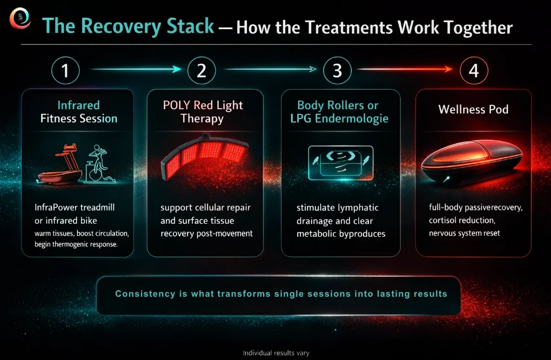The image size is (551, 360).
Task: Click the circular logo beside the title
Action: tap(20, 18)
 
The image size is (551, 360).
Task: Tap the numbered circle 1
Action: tap(65, 70)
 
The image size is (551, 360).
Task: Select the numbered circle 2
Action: tap(201, 70)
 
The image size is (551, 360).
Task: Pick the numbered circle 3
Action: tap(337, 70)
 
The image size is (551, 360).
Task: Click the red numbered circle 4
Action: tap(474, 70)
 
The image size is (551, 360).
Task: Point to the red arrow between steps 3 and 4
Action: tap(405, 69)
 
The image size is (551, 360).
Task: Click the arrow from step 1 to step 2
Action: tap(136, 69)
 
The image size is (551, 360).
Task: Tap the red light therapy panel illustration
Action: tap(205, 155)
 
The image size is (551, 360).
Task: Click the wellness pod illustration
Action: tap(472, 162)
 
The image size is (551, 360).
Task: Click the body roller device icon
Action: tap(340, 163)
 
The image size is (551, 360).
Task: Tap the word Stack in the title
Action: tap(190, 26)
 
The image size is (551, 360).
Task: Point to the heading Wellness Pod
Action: tap(473, 109)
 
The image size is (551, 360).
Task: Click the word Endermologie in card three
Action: tap(352, 119)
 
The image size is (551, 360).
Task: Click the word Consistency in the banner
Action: tap(145, 294)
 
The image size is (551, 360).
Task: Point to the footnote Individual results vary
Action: tap(276, 353)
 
